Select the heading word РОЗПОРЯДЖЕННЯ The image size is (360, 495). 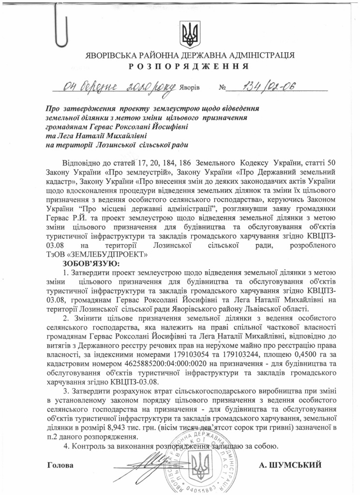tap(189, 66)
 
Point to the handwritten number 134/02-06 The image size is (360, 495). tap(263, 87)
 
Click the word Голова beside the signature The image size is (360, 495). tap(61, 465)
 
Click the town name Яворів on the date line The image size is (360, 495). tap(189, 89)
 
